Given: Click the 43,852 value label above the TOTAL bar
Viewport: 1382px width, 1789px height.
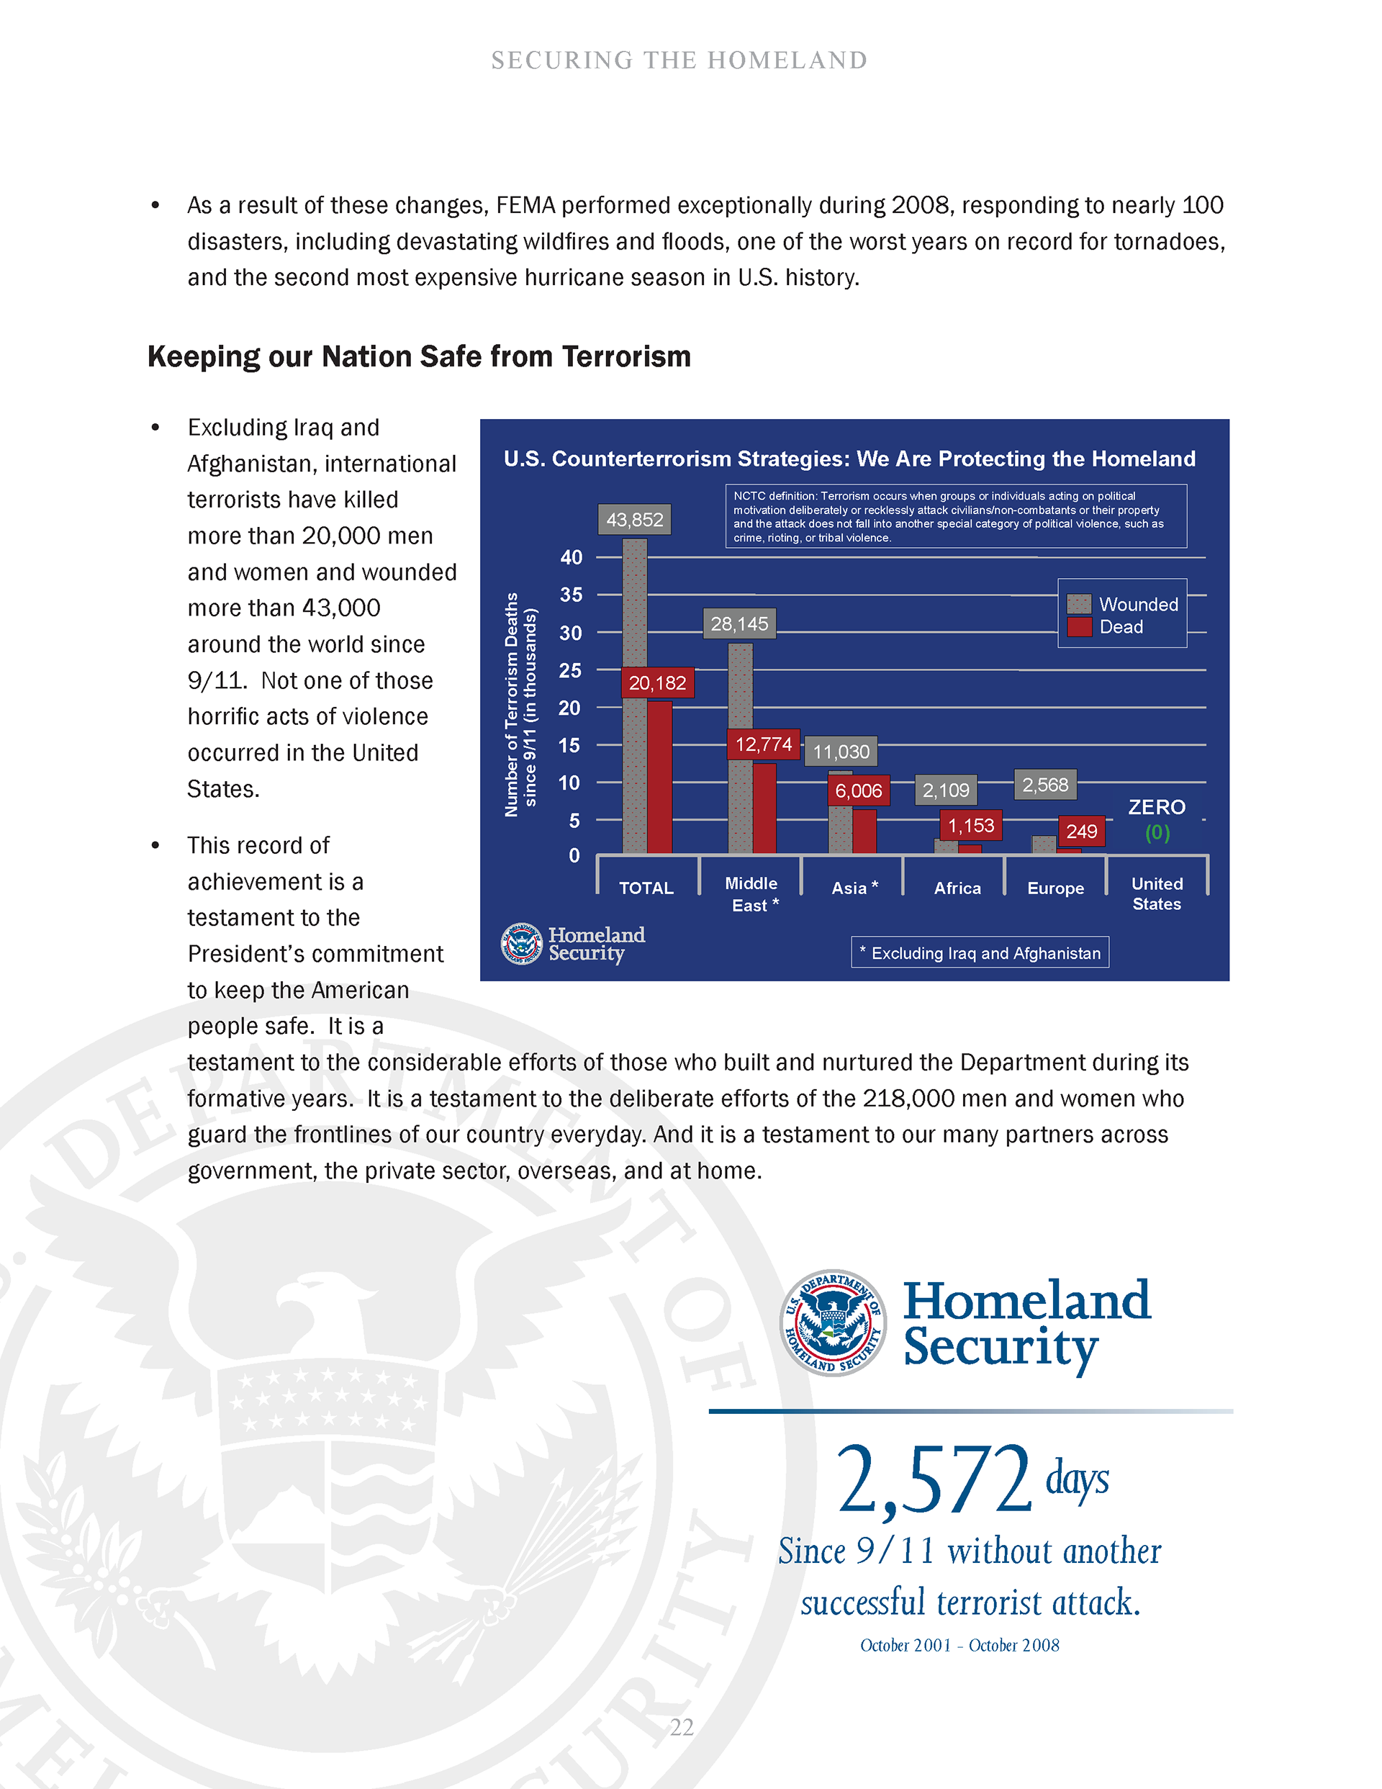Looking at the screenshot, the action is [x=634, y=519].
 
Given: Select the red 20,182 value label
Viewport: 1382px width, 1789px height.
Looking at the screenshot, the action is [x=657, y=682].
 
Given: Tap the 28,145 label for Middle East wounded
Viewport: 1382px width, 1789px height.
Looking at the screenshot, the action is [x=739, y=623].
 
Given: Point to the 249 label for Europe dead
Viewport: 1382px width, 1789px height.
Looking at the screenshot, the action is [x=1081, y=832].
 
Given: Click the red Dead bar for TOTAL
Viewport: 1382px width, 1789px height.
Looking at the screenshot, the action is [x=659, y=778].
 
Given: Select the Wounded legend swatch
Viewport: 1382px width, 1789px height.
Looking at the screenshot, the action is [x=1079, y=604].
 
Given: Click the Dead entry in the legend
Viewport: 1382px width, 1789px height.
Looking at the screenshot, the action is [x=1105, y=626].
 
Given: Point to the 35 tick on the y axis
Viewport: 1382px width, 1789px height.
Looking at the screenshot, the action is [x=571, y=595].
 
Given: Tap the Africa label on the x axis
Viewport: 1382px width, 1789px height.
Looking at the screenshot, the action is [x=957, y=888].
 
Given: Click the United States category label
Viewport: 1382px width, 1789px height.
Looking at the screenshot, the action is [x=1157, y=893].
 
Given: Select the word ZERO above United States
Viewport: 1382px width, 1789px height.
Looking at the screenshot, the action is [x=1157, y=807].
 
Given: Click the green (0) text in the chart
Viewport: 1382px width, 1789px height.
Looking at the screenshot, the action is [x=1157, y=832].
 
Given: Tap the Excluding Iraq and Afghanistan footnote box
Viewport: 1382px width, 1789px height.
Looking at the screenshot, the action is [x=980, y=952].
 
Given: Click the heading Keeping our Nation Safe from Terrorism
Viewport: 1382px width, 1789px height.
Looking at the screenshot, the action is [x=420, y=357].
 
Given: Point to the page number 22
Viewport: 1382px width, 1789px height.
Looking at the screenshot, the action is [x=682, y=1727].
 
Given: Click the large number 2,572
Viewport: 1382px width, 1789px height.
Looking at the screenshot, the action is [x=933, y=1480].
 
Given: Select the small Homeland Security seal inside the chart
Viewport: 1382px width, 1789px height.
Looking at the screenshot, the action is [x=521, y=944].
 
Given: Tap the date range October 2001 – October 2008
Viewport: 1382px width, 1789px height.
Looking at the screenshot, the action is [x=959, y=1645].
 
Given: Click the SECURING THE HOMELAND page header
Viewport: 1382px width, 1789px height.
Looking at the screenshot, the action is [x=679, y=60].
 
